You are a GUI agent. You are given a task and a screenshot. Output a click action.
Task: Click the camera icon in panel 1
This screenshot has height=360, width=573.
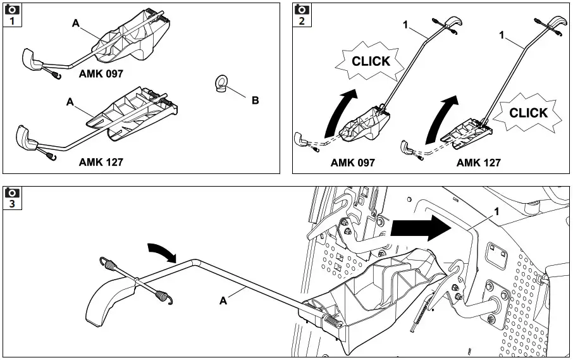[11, 9]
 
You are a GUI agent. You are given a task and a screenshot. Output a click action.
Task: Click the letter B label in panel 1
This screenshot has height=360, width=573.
[255, 100]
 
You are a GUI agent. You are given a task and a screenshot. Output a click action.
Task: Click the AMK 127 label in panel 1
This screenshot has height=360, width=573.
[101, 162]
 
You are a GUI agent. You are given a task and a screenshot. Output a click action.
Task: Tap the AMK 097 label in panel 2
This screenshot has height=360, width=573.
[352, 163]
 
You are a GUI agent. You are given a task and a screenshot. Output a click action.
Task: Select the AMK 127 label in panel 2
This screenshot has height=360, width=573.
[478, 163]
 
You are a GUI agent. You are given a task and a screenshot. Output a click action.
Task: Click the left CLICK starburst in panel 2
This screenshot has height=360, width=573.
[371, 62]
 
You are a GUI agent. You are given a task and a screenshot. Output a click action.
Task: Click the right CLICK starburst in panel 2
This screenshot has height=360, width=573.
[528, 113]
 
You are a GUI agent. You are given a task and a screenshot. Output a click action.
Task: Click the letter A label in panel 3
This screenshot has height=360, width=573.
[223, 302]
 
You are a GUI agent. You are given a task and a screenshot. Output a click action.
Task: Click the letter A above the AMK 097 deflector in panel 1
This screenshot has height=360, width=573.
[75, 23]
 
